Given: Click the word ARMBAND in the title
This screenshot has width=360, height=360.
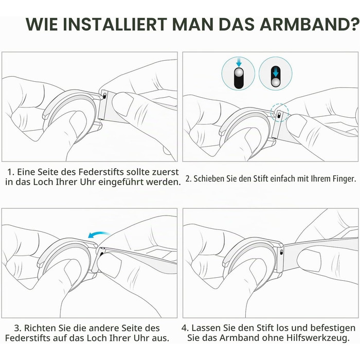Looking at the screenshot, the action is [304, 24].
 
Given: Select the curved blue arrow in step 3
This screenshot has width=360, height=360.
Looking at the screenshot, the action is [99, 235].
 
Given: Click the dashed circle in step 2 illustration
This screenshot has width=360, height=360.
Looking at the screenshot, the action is [279, 113].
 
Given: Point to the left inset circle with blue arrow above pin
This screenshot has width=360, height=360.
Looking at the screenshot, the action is [238, 74].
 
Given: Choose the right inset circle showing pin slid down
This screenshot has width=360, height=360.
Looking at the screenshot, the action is [276, 74].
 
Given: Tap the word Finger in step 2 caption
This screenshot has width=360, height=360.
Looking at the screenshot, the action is [344, 179].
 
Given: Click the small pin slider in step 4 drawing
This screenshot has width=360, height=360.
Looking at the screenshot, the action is [281, 253].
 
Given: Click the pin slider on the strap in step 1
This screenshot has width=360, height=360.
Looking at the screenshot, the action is [104, 96].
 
